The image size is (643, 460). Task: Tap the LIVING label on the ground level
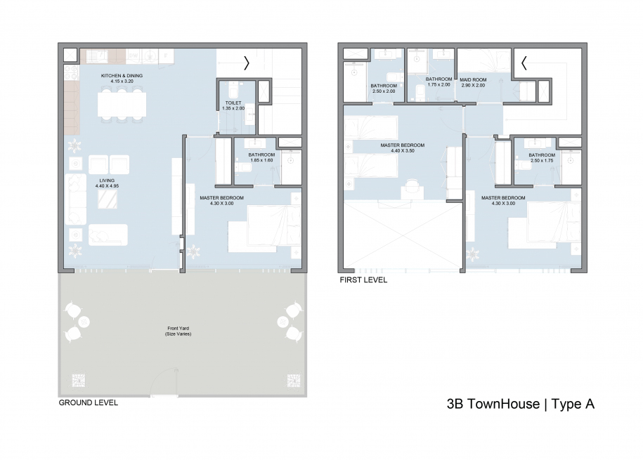click(107, 180)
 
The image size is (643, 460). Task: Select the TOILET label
click(233, 102)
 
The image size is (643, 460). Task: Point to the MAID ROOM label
click(473, 79)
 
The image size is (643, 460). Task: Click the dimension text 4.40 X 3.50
click(398, 151)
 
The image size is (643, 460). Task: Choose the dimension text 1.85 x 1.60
click(261, 161)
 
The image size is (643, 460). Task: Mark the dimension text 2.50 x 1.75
click(542, 161)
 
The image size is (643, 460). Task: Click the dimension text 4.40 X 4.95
click(107, 186)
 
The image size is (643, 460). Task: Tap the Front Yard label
click(174, 327)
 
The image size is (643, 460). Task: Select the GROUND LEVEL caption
click(88, 403)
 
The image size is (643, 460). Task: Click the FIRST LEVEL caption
click(363, 280)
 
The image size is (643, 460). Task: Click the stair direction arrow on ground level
click(246, 64)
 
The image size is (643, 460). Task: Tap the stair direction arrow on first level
click(524, 64)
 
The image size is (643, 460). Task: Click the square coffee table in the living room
click(107, 202)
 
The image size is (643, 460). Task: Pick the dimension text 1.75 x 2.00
click(438, 85)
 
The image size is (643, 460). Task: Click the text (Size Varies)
click(174, 334)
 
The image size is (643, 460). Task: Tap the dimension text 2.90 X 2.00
click(473, 85)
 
